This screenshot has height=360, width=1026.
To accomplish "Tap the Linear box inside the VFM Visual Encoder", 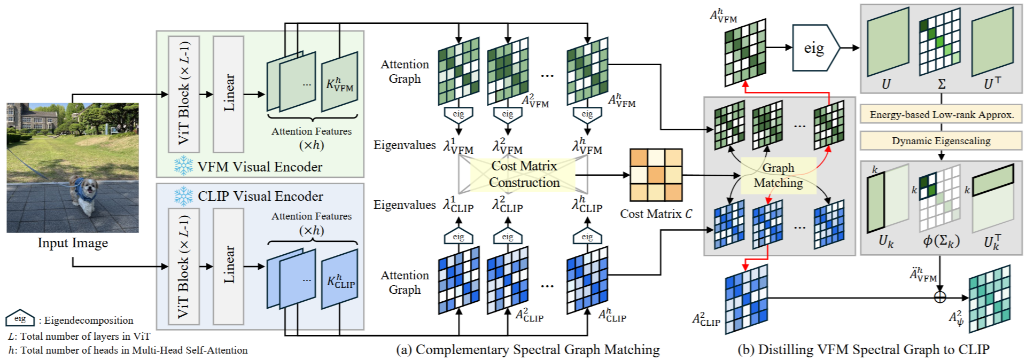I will [x=228, y=94].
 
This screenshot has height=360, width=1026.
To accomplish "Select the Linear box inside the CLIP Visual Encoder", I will [x=228, y=265].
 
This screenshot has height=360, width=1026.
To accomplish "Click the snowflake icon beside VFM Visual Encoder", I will [x=183, y=166].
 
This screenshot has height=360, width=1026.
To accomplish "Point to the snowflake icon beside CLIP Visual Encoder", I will [x=183, y=196].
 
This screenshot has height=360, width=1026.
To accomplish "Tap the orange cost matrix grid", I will [x=656, y=175].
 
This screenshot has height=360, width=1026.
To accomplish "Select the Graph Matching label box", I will [x=778, y=175].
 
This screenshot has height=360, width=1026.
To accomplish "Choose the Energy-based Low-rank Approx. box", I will [x=941, y=114].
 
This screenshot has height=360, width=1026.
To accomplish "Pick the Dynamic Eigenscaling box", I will [x=941, y=141].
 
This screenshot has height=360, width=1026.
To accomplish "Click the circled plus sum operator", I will [x=940, y=297].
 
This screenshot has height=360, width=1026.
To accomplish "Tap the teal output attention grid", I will [x=990, y=298].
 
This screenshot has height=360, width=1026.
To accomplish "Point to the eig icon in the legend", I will [x=20, y=318].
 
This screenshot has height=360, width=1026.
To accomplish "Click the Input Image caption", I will [x=73, y=243].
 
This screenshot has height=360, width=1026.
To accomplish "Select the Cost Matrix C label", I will [x=656, y=214].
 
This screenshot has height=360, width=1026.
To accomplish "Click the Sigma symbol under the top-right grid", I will [x=942, y=84].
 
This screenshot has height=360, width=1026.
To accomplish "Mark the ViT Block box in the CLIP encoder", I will [x=184, y=265].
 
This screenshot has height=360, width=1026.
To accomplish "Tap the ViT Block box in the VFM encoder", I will [x=184, y=94].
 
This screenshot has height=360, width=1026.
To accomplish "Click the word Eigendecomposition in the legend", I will [x=89, y=320].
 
